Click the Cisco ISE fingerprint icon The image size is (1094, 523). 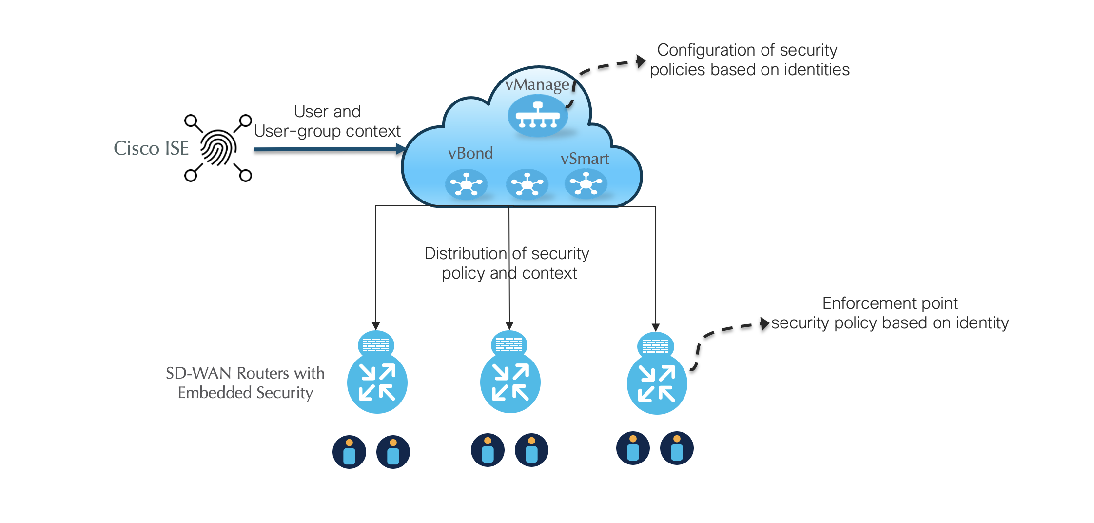218,148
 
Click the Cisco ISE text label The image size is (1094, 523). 151,148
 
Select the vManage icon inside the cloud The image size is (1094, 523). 538,116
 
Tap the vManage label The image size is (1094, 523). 537,85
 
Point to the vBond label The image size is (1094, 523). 470,153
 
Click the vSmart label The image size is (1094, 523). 585,159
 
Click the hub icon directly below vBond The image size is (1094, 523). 467,184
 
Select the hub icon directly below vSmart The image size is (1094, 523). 586,184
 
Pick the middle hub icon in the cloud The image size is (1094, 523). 527,184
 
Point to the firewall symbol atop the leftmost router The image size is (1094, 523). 376,345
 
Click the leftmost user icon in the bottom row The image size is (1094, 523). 349,452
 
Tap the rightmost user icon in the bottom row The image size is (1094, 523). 677,448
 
